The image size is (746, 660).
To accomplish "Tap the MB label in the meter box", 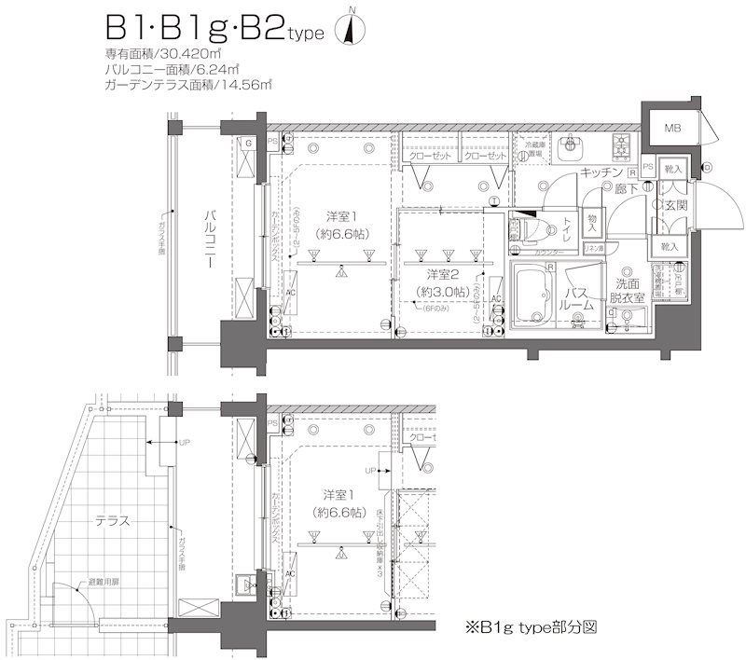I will click(x=670, y=128).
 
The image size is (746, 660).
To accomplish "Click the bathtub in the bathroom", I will click(x=535, y=296).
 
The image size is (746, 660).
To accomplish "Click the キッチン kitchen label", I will click(x=601, y=172).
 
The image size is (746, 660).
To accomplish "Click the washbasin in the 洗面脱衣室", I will click(x=630, y=322).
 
